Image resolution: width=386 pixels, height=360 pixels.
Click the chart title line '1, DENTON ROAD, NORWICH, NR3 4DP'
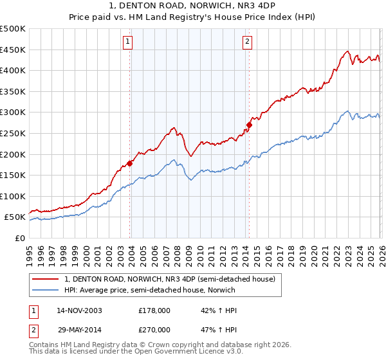point(192,7)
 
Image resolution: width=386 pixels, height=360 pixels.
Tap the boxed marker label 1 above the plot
point(129,42)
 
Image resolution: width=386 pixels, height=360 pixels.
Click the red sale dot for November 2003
point(130,163)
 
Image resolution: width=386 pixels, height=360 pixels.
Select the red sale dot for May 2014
point(249,125)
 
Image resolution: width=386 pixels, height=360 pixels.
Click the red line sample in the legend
point(46,279)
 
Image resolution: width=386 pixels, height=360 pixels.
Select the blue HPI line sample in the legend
point(46,290)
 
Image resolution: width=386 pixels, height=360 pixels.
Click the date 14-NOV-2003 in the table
point(79,310)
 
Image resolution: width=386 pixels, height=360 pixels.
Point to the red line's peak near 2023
point(347,51)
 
